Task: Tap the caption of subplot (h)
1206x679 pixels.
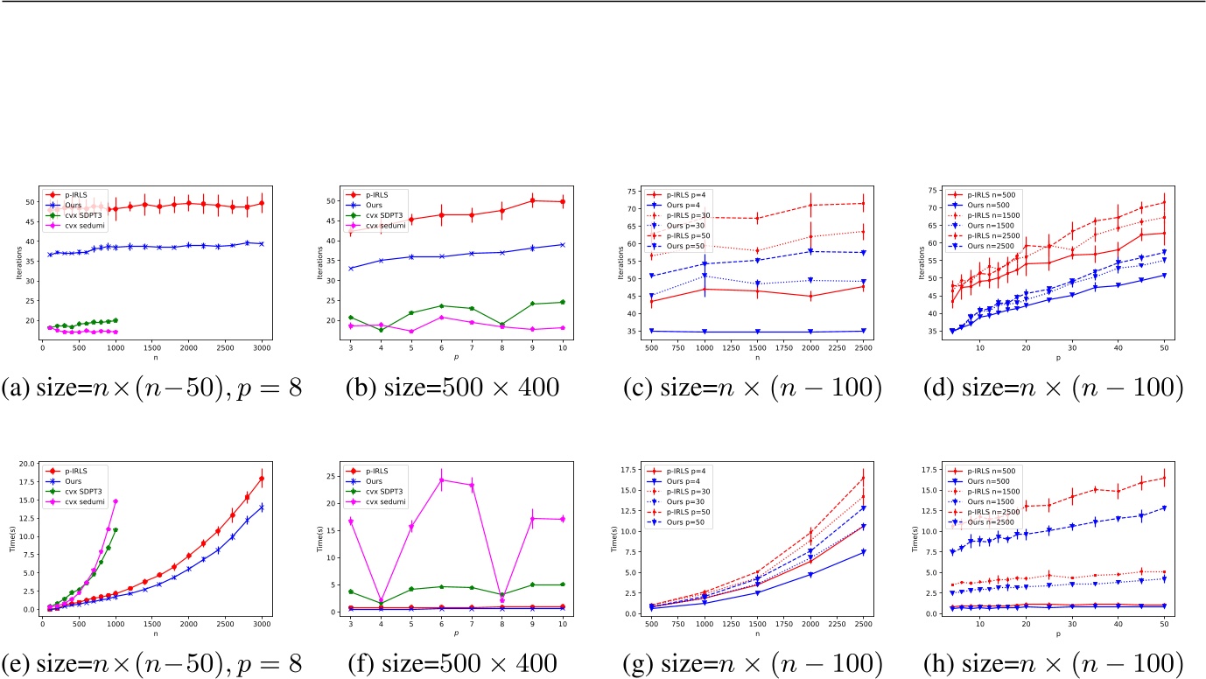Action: (1055, 661)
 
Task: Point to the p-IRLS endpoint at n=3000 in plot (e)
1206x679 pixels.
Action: (262, 479)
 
